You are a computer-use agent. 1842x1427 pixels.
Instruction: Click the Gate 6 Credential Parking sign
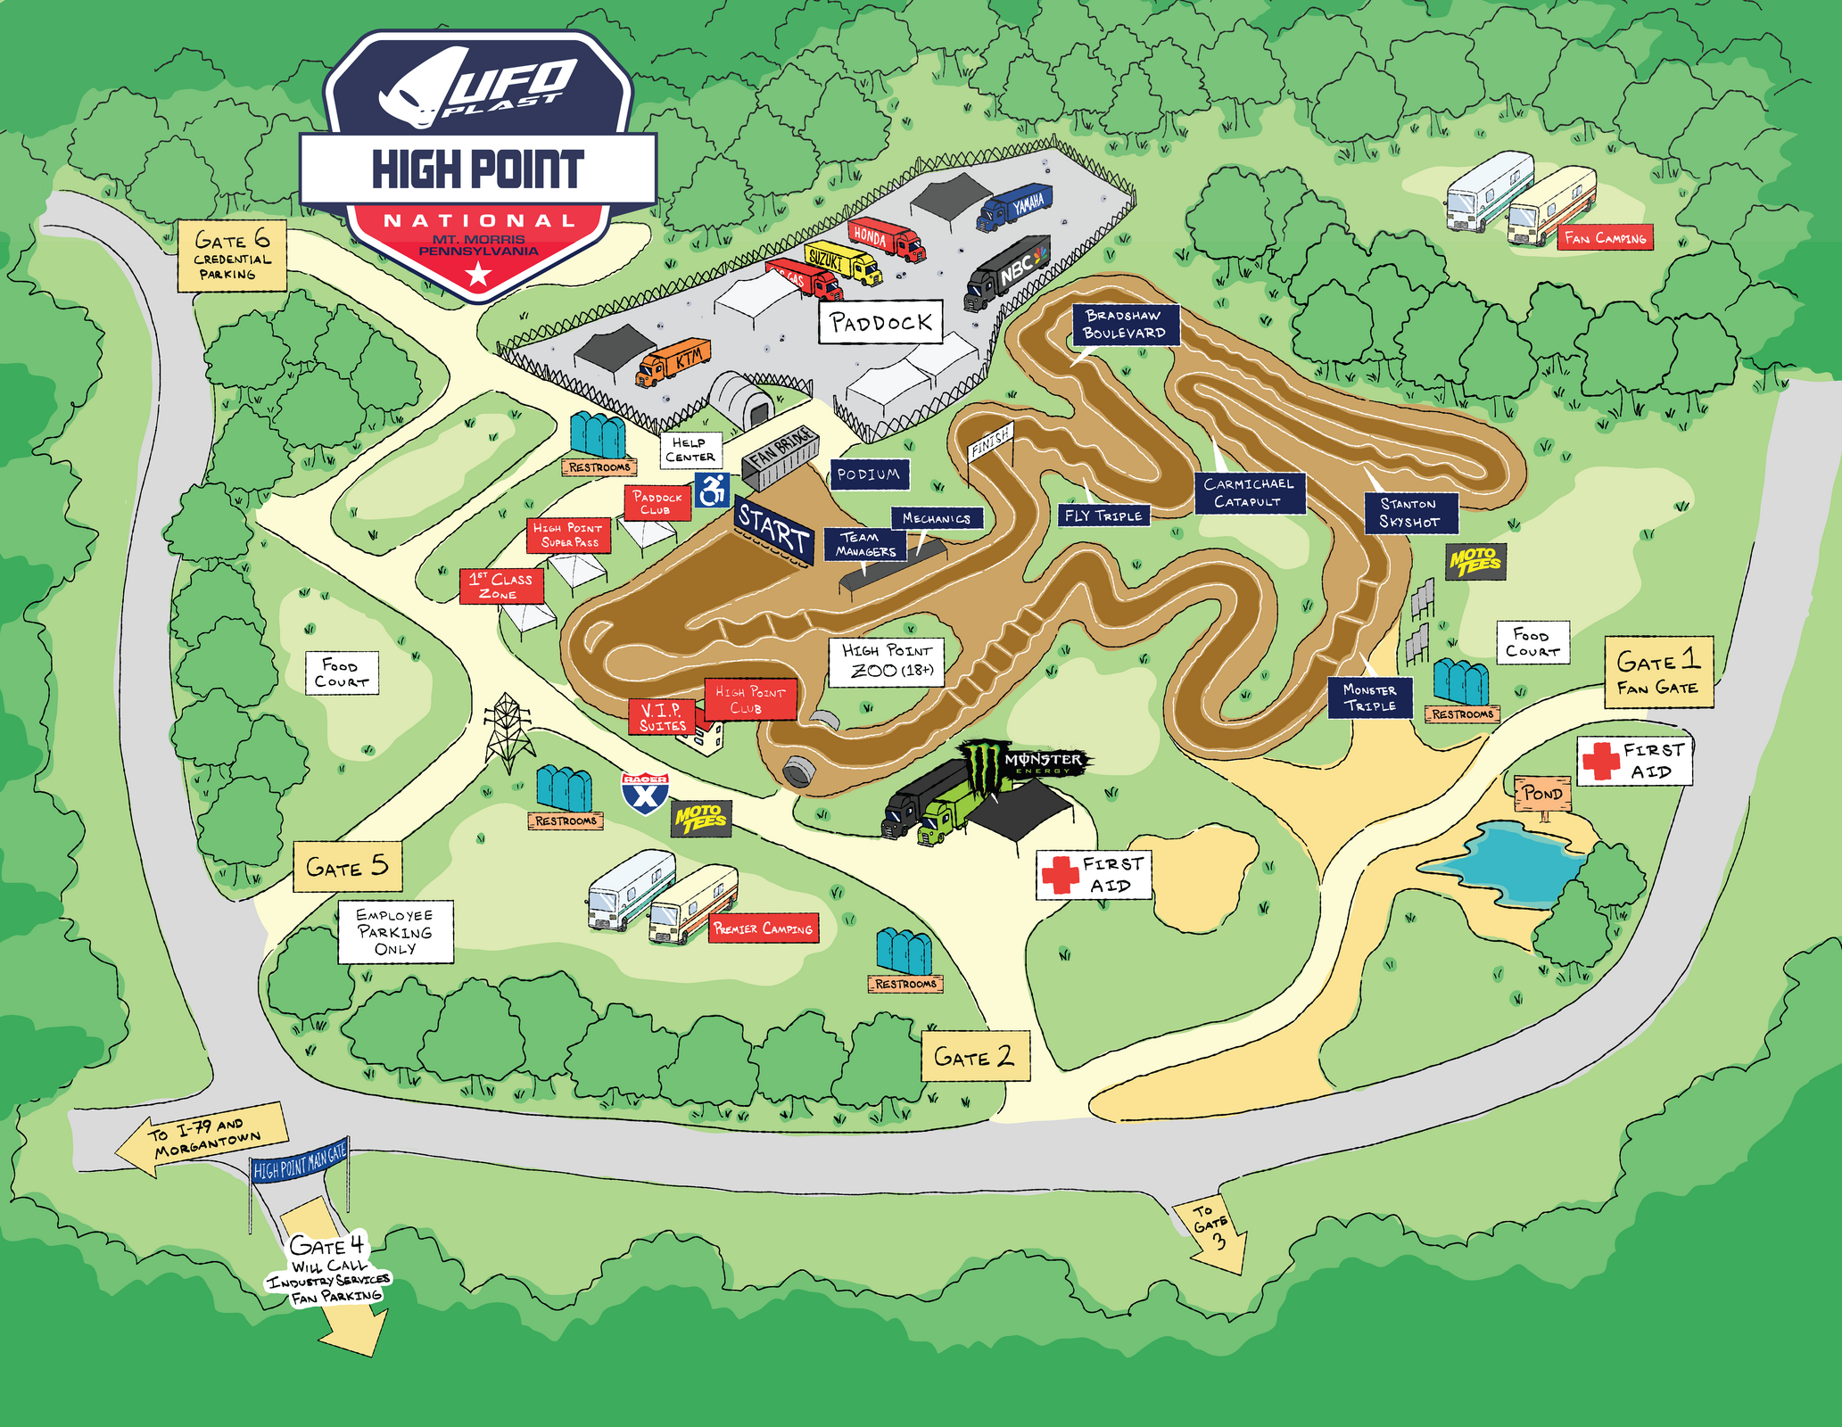[232, 255]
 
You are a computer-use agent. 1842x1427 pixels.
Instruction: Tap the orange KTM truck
[674, 361]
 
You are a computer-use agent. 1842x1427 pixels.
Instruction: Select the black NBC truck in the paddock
[1008, 273]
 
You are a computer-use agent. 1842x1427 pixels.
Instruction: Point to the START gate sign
[773, 532]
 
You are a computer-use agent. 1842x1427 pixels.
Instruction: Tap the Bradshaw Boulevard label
[1124, 325]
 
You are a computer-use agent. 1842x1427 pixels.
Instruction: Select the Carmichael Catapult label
[1249, 492]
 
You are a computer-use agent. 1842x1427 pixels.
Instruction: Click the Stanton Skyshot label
[1410, 513]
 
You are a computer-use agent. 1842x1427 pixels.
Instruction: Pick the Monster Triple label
[1369, 697]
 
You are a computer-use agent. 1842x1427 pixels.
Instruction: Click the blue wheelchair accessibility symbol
[713, 490]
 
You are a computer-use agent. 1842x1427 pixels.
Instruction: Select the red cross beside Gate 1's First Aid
[1601, 761]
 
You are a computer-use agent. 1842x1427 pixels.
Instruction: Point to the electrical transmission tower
[508, 732]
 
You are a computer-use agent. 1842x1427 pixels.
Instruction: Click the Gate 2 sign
[975, 1057]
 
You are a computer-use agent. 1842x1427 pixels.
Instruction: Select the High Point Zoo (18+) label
[887, 661]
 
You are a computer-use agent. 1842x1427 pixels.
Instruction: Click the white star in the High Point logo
[479, 275]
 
